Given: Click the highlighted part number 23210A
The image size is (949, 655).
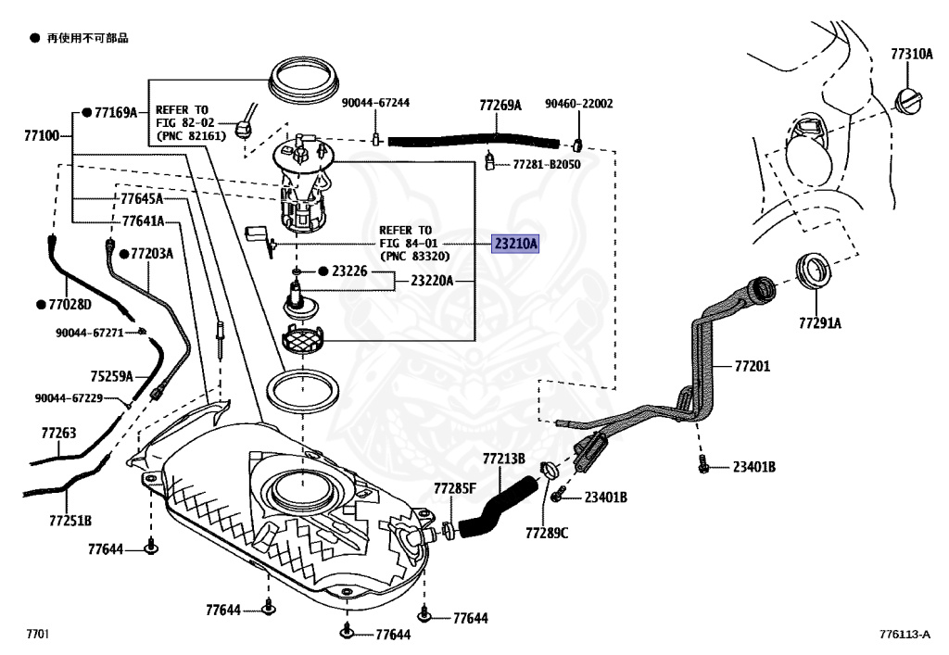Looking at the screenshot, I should (514, 245).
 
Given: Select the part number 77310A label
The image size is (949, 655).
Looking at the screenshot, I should (911, 55).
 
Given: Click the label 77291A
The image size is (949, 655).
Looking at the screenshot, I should (820, 323).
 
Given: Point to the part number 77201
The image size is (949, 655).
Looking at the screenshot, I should (752, 367).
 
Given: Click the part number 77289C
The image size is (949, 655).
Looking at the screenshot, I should (546, 533).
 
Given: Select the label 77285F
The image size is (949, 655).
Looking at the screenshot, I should (455, 488).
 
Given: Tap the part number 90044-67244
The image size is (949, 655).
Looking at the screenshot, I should (375, 104).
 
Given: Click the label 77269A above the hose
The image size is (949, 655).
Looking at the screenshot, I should (500, 106).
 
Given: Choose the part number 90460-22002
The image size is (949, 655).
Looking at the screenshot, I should (578, 105).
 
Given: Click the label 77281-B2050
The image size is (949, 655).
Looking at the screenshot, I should (547, 164).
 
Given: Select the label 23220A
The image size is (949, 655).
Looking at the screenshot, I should (432, 280).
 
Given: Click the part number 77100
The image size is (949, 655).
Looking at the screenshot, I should (42, 136).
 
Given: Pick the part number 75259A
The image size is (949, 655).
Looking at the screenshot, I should (111, 376).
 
